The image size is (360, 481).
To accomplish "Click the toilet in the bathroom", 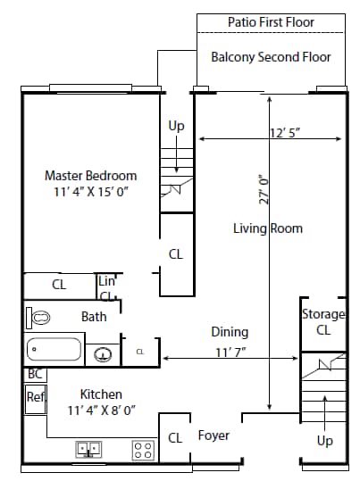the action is [38, 318].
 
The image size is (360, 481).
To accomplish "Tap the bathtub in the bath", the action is [54, 349].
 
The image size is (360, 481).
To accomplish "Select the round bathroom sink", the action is [103, 354].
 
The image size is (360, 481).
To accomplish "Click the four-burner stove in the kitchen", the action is [143, 450].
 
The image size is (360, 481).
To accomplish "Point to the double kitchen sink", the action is [88, 450].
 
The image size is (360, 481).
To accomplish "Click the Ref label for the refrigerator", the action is [36, 397].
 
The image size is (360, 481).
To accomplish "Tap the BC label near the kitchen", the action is [35, 374].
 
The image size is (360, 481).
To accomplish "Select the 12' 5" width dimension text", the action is [285, 133].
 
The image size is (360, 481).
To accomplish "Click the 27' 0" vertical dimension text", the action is [264, 189].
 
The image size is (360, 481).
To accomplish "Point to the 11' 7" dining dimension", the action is [230, 352].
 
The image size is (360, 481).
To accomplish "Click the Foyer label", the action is [213, 435].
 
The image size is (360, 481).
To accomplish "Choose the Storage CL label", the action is [323, 322].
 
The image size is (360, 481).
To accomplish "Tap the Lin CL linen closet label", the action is [106, 288].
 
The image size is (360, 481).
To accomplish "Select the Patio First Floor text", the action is [271, 22].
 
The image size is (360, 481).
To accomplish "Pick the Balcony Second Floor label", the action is [271, 57].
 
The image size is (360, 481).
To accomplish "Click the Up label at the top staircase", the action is [176, 126].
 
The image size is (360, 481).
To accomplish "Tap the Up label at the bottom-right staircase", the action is [324, 441].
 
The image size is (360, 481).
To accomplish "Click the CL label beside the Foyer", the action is [175, 438].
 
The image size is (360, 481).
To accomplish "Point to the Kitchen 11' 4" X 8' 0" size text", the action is [101, 402].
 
